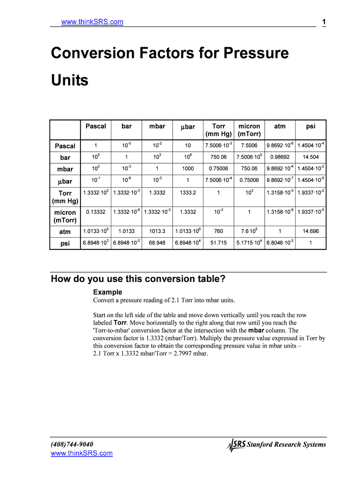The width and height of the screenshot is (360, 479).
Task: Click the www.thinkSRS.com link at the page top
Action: [92, 22]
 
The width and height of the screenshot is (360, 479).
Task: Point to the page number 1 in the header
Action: [324, 22]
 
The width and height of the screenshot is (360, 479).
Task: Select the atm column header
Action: [280, 126]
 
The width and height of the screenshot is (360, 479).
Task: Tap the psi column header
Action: [310, 126]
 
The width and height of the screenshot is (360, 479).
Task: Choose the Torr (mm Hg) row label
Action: [65, 197]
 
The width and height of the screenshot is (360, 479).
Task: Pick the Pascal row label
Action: [65, 146]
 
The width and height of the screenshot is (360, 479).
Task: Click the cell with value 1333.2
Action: [187, 192]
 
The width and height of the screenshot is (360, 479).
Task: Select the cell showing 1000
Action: [187, 168]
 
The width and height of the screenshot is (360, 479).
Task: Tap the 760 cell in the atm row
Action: [218, 231]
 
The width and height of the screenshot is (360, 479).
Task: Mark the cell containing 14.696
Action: [310, 231]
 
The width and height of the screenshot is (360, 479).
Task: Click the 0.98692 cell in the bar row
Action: [280, 157]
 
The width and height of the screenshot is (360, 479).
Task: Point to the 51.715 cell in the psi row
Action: [218, 243]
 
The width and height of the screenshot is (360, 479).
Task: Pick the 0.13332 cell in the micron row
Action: [95, 212]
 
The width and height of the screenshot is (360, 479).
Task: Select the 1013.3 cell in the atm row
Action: [157, 231]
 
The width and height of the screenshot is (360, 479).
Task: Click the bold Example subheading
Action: [108, 292]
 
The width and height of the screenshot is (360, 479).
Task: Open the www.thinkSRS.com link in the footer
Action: [81, 453]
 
